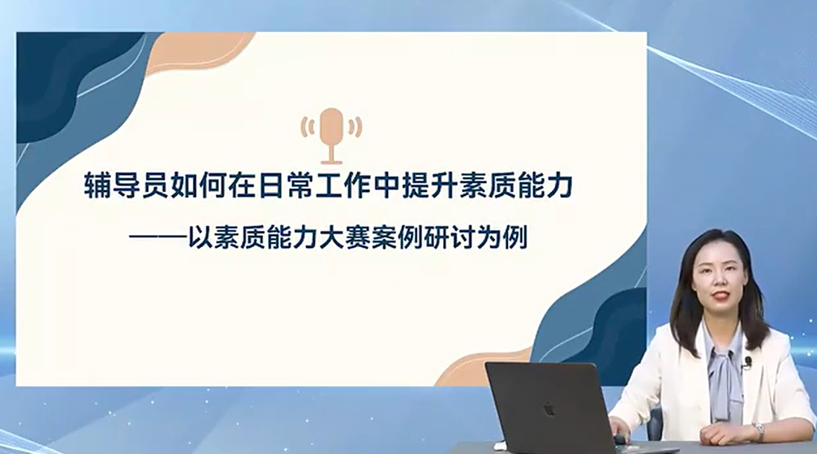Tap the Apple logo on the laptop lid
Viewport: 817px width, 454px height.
click(x=549, y=409)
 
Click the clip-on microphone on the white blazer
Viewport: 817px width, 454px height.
click(x=748, y=361)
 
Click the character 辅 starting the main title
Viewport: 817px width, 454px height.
click(x=98, y=186)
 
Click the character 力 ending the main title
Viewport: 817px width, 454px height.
click(x=559, y=186)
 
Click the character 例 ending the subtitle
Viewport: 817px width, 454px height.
click(x=515, y=238)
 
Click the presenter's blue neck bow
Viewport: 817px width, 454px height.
click(x=724, y=375)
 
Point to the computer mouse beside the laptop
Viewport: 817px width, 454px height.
click(x=621, y=438)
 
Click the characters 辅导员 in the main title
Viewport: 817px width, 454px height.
click(x=127, y=186)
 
